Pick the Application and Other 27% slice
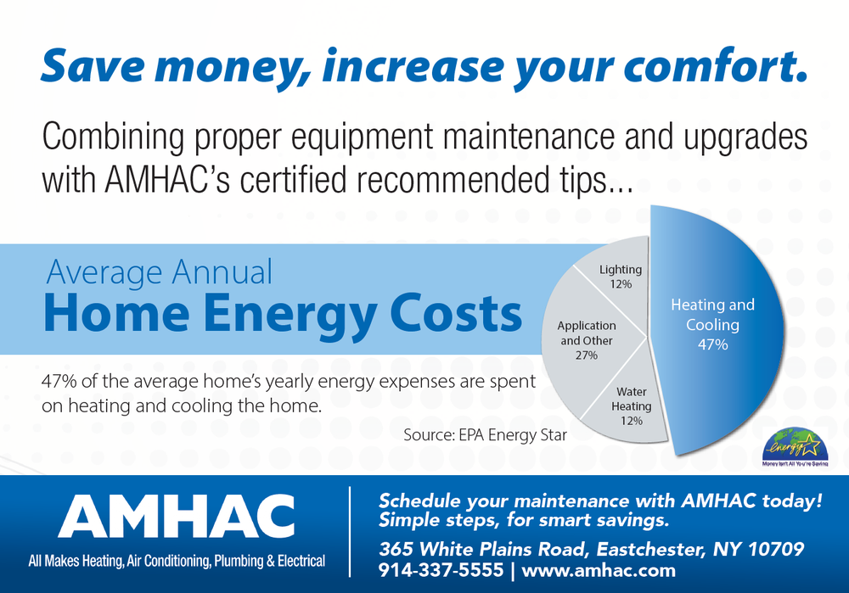coord(586,339)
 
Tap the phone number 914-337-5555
coord(441,571)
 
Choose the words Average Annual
coord(160,272)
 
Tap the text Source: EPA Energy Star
coord(485,435)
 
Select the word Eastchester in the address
coord(609,549)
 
